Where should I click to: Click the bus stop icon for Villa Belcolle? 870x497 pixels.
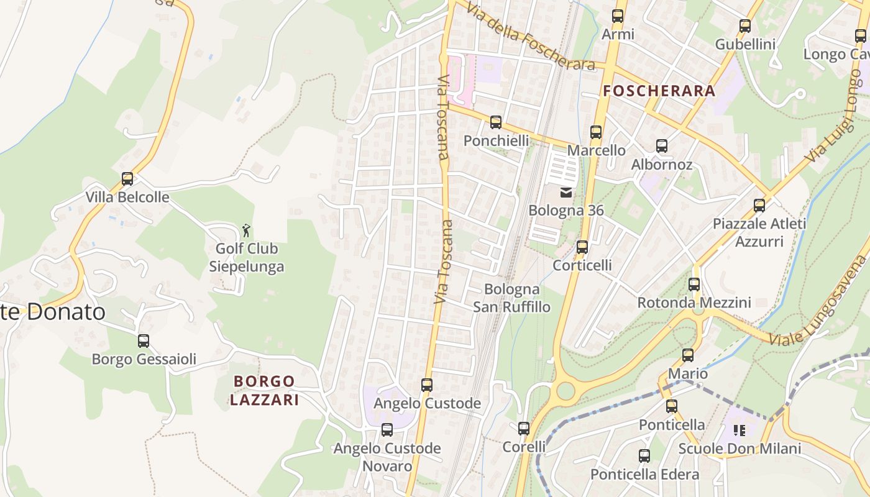[127, 179]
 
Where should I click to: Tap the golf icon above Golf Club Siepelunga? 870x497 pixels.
[247, 230]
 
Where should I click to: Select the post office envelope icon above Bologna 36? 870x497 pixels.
[566, 193]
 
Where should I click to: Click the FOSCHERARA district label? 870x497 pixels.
[659, 91]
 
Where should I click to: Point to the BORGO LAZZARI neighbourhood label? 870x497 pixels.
[264, 390]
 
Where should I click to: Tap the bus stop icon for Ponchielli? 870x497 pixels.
[496, 122]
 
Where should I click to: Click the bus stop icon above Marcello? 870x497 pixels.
[596, 132]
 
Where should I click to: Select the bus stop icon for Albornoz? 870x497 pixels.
[662, 147]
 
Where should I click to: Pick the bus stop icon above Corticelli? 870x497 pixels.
[582, 247]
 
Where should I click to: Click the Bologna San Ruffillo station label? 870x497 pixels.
[512, 298]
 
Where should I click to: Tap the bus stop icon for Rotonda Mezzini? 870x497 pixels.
[694, 285]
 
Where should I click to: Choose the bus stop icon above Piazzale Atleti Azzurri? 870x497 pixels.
[759, 206]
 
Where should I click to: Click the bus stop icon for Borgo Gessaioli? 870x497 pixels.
[144, 341]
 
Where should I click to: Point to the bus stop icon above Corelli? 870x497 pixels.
[524, 429]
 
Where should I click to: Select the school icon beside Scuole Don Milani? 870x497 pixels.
[739, 431]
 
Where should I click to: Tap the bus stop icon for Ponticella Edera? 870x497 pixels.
[644, 456]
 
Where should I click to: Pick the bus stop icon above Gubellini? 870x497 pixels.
[745, 26]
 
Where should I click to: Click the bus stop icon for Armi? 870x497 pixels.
[618, 16]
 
